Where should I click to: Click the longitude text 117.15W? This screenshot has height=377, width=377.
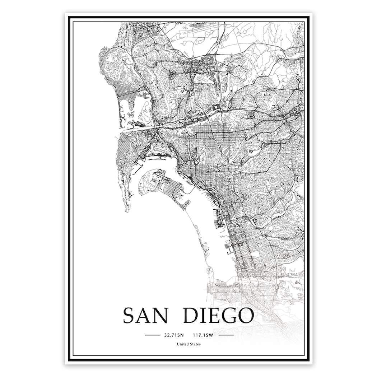click(203, 335)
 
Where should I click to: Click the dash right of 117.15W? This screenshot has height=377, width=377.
click(226, 335)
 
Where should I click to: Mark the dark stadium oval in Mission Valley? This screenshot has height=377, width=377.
click(217, 107)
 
